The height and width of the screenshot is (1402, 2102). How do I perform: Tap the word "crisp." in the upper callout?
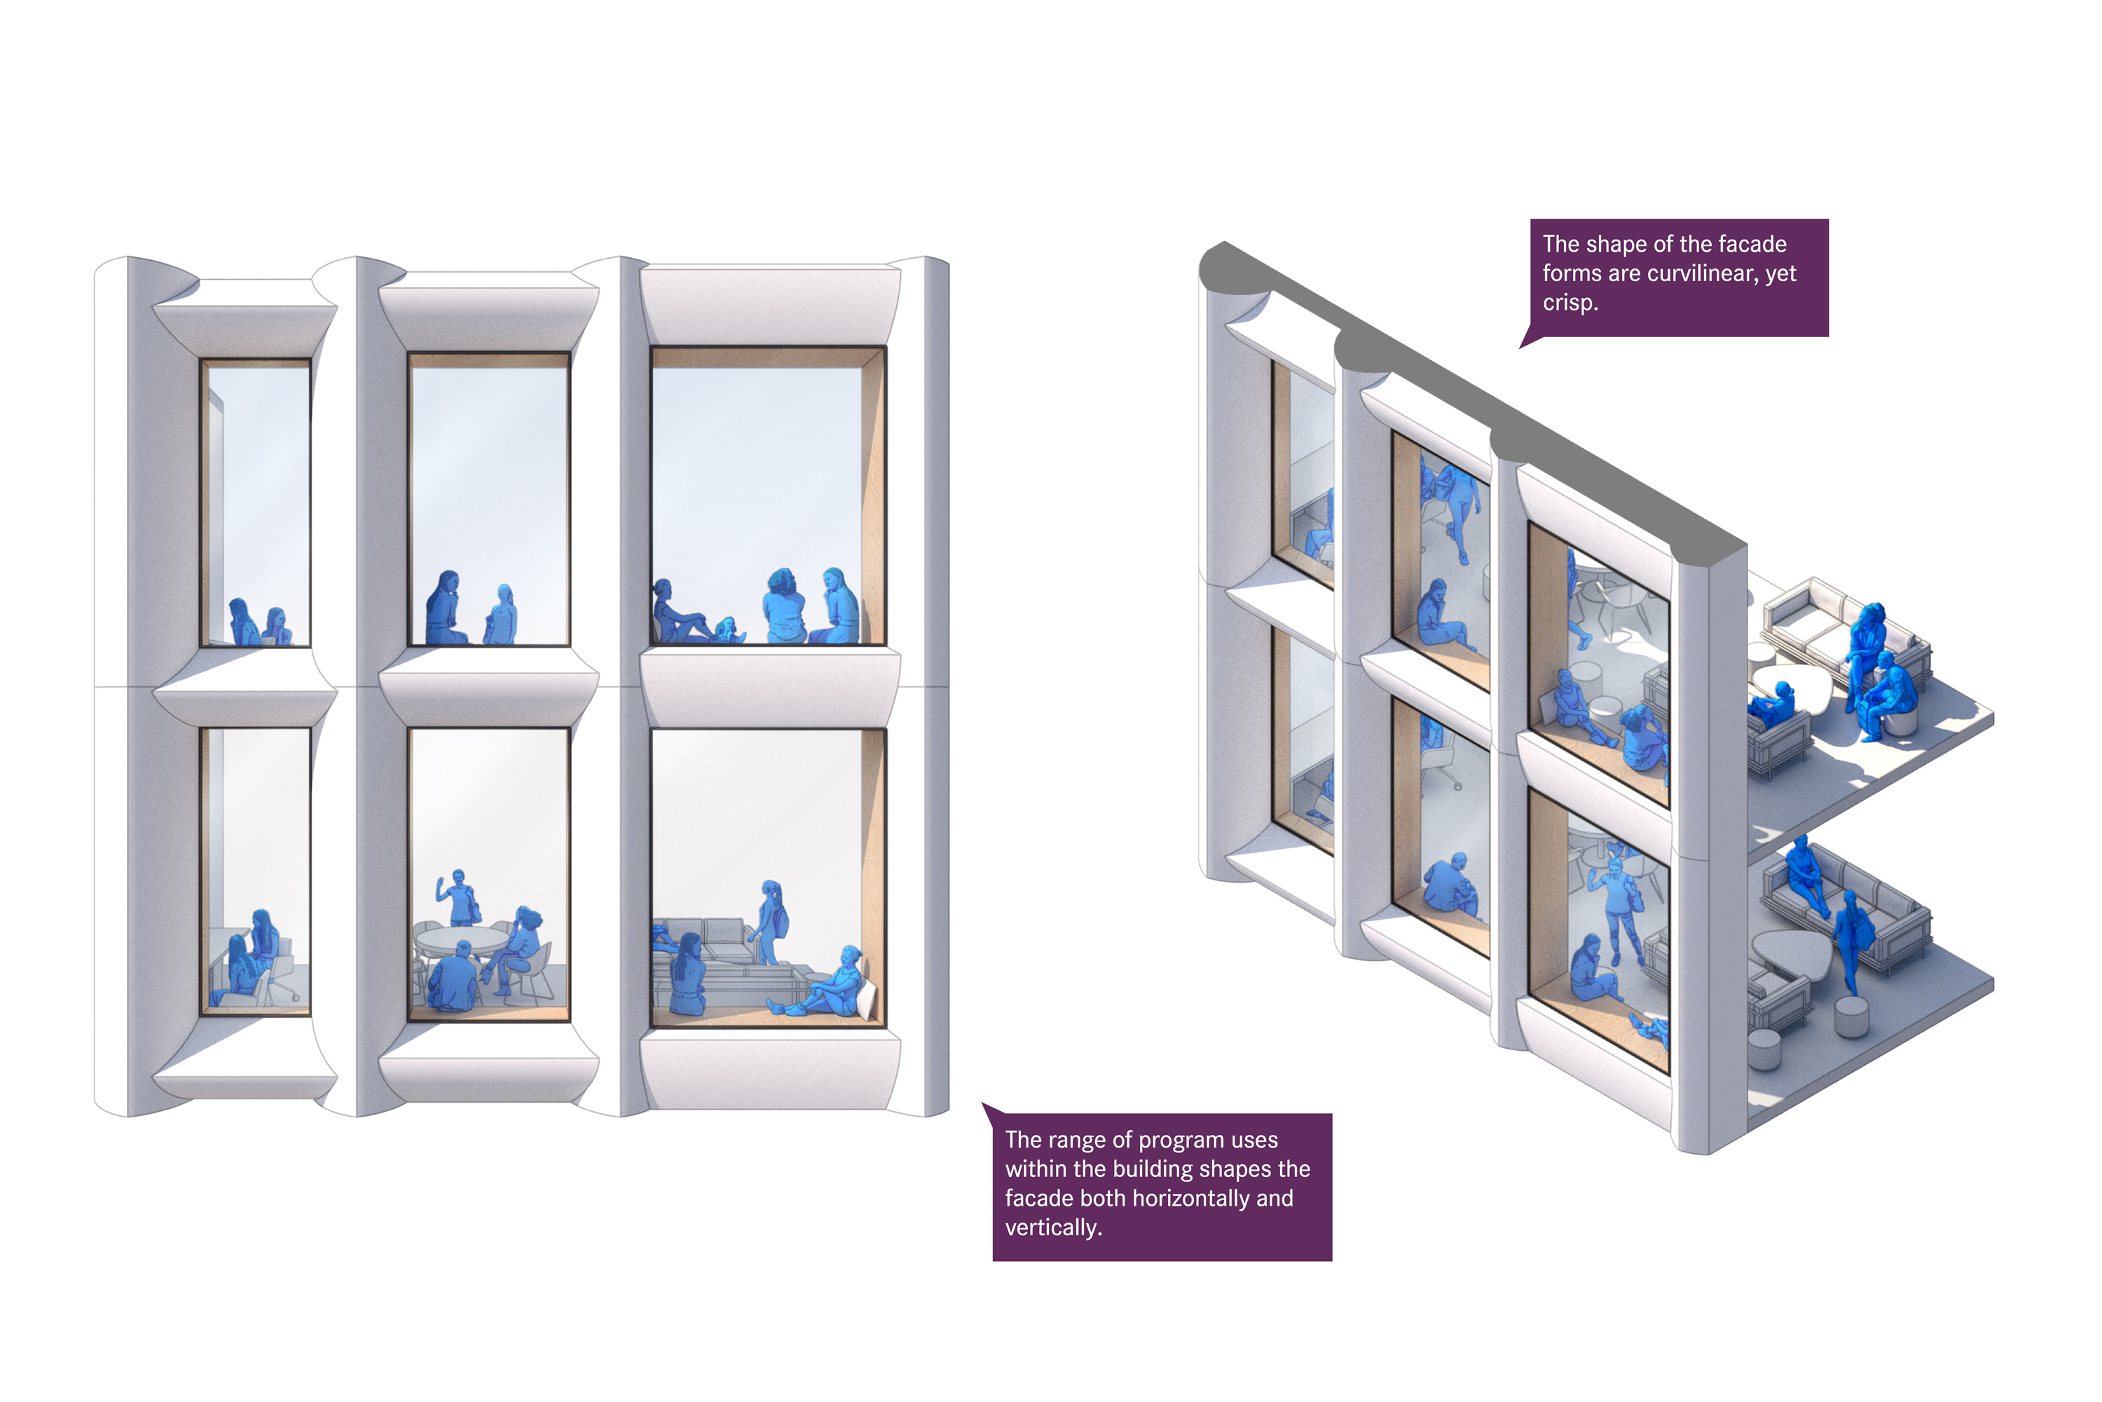pyautogui.click(x=1570, y=303)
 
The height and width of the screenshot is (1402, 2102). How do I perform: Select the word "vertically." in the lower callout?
pyautogui.click(x=1054, y=1227)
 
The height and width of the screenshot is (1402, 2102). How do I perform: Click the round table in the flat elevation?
pyautogui.click(x=463, y=941)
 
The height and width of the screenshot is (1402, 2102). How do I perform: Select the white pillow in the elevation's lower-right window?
pyautogui.click(x=866, y=998)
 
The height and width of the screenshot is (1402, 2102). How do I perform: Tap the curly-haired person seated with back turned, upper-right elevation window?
pyautogui.click(x=784, y=606)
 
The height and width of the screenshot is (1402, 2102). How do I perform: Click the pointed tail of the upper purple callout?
pyautogui.click(x=1521, y=347)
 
